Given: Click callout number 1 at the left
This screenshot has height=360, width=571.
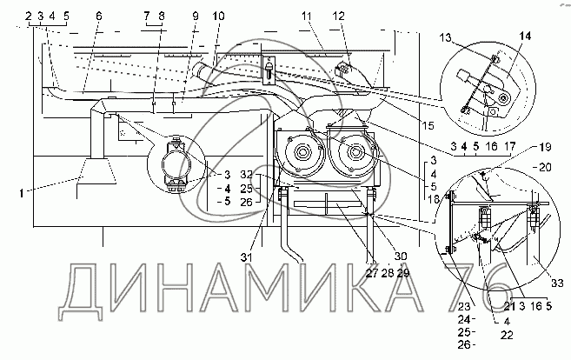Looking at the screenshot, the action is tap(22, 193).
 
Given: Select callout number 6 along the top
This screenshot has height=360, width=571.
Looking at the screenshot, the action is tap(99, 16).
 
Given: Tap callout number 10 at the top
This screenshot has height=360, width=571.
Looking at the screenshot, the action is tap(218, 16).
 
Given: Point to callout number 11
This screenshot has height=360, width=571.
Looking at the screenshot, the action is tap(307, 16).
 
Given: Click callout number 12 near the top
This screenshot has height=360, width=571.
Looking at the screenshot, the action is tap(338, 16).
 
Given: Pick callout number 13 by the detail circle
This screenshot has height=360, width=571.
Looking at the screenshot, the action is tap(445, 37).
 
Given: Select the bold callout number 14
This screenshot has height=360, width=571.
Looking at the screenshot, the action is tap(525, 36).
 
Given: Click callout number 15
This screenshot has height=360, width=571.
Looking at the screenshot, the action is tap(428, 125).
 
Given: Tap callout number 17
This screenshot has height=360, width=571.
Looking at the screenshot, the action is tap(510, 146).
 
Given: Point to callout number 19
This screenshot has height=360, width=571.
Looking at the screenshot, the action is tap(545, 147).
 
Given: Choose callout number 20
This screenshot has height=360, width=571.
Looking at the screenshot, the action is tap(545, 167).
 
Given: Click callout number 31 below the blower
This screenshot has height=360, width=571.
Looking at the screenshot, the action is tap(246, 257).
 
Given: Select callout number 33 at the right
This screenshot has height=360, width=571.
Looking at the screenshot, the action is tap(557, 283).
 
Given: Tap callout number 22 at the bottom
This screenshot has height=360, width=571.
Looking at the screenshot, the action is tap(507, 335).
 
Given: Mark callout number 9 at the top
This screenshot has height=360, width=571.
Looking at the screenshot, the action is tap(196, 16).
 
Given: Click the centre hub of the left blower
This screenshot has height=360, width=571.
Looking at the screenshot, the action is tap(302, 152).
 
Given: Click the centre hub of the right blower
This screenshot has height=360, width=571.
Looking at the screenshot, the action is tap(355, 152).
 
